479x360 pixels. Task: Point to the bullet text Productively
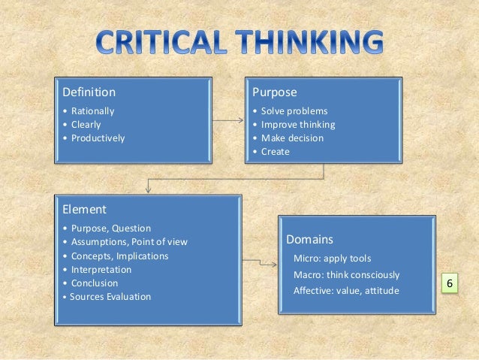tap(98, 138)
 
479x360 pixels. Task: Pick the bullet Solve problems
tap(294, 111)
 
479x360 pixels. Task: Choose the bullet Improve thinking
tap(298, 125)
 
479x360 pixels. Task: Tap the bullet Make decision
tap(292, 138)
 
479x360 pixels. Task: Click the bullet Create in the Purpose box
tap(275, 152)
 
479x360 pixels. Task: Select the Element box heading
tap(85, 210)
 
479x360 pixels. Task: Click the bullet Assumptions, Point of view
tap(129, 242)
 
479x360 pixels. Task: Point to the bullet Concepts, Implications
tap(120, 256)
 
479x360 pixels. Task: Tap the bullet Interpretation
tap(101, 269)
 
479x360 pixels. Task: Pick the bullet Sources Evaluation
tap(111, 296)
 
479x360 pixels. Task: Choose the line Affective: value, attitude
tap(346, 291)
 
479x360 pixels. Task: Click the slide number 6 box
tap(449, 284)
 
